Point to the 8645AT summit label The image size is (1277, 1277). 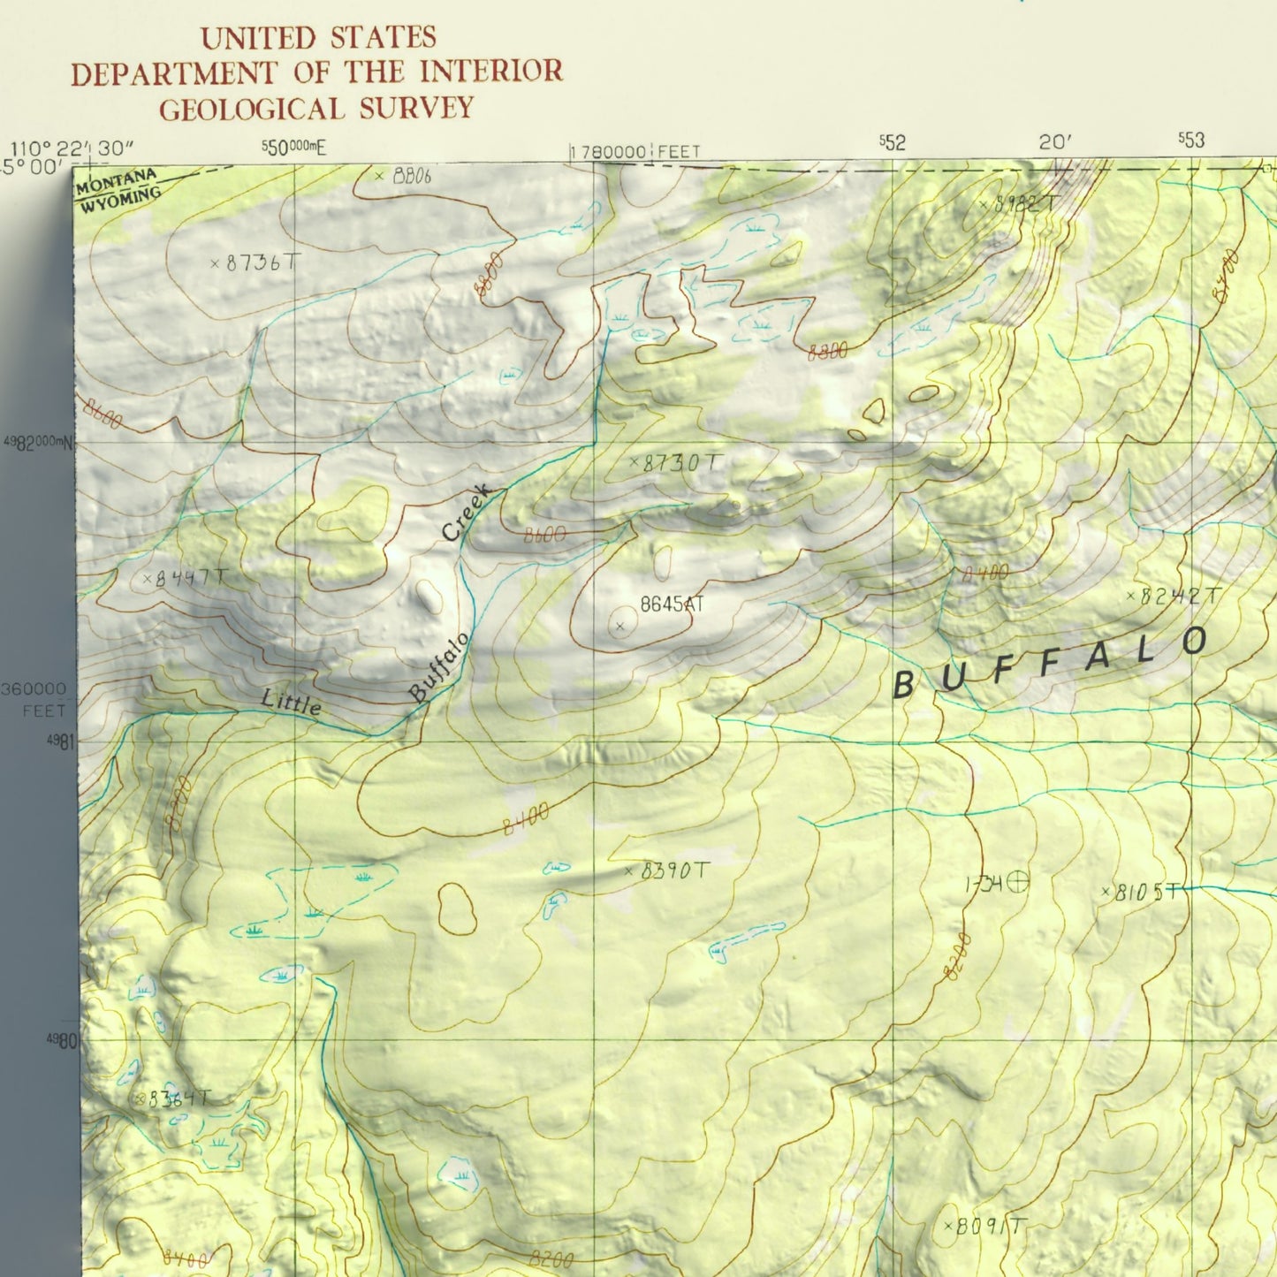672,604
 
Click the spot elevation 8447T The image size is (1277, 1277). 191,579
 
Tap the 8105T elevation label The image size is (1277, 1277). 1145,893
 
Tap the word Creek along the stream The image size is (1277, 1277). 465,513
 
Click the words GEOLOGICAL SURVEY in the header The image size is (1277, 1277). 316,109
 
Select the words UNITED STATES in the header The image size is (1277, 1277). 318,38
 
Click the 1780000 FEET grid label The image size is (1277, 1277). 635,152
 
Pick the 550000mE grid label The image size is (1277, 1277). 293,148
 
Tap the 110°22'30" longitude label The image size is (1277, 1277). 72,148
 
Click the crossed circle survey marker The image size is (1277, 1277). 1019,881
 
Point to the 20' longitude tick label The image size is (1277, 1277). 1055,142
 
